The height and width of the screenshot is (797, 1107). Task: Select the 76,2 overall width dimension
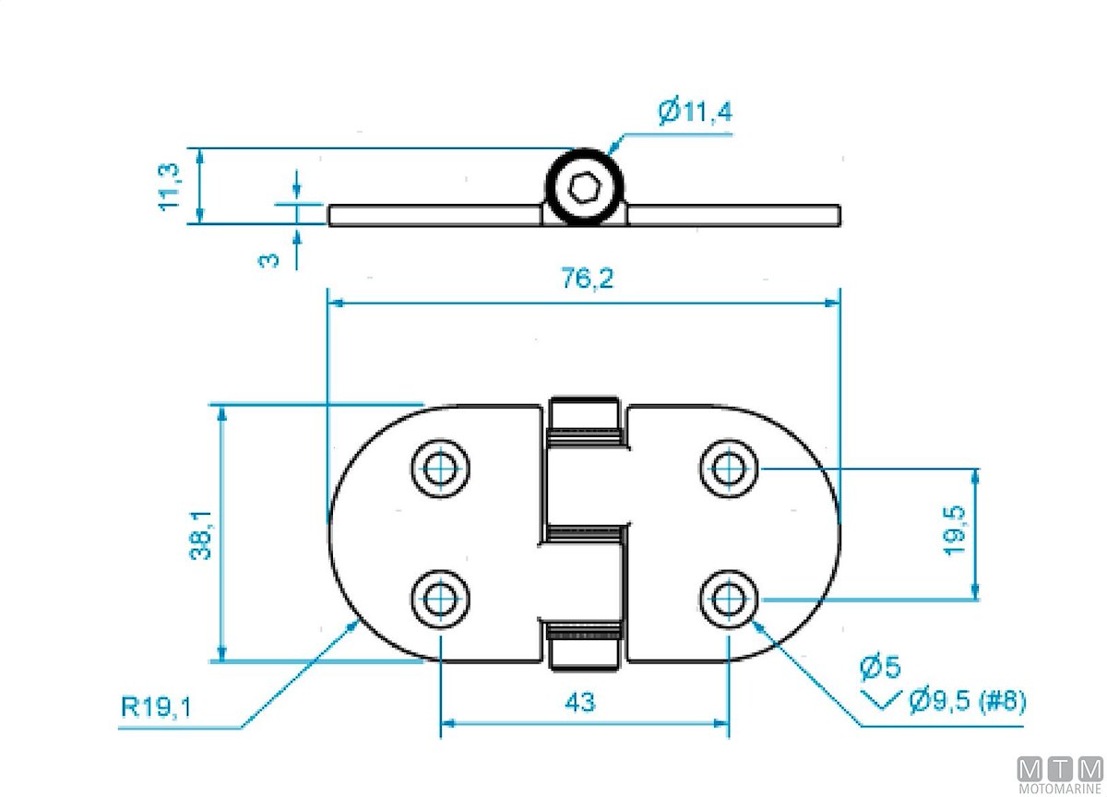click(588, 279)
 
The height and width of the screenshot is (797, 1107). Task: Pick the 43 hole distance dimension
click(579, 702)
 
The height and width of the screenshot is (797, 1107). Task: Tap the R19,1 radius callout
click(157, 708)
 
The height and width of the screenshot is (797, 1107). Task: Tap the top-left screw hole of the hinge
click(440, 469)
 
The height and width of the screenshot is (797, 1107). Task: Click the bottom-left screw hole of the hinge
click(440, 599)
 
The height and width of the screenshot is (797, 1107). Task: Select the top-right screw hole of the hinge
click(729, 469)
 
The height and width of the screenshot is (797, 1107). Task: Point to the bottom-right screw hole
click(729, 599)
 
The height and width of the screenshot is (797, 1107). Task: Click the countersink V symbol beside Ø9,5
click(881, 700)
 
